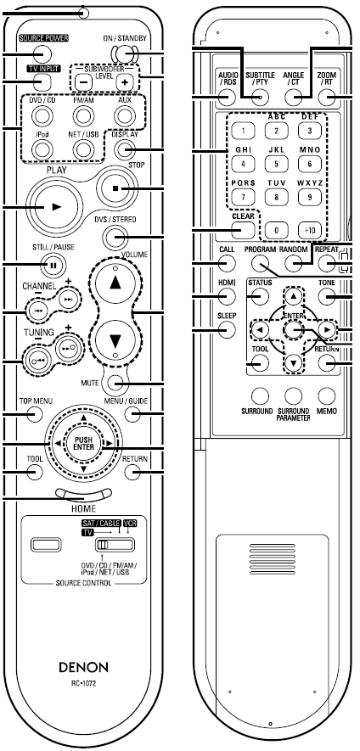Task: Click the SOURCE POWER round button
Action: (42, 53)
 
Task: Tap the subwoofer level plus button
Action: (125, 82)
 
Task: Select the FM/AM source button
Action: (83, 115)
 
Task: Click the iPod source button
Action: (42, 150)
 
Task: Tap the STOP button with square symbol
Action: (115, 188)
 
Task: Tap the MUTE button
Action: (115, 382)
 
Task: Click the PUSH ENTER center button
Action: (83, 444)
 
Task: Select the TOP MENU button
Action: (34, 414)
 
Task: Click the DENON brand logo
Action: (84, 667)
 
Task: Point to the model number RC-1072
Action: (84, 683)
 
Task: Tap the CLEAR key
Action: (243, 230)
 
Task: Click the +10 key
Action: (310, 230)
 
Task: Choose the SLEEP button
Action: (226, 329)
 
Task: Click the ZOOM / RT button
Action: (328, 98)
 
